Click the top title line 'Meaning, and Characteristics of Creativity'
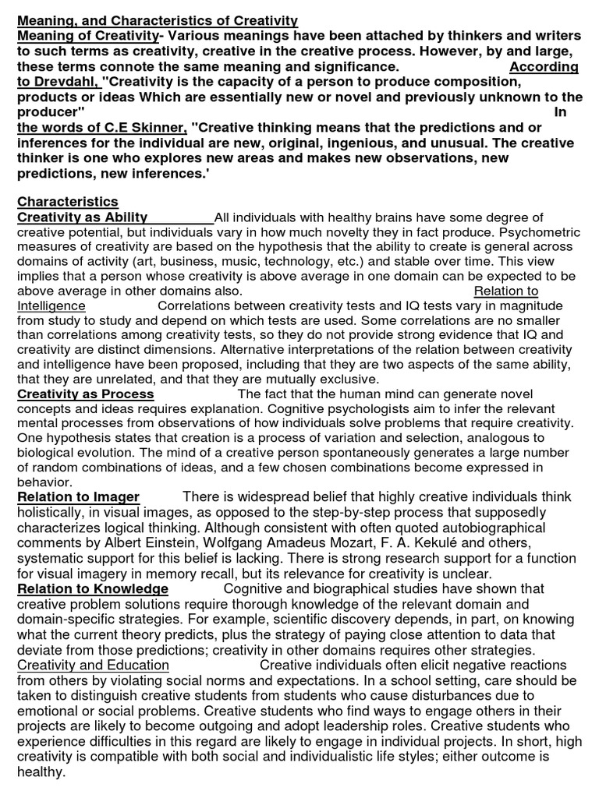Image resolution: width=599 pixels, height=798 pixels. (x=158, y=20)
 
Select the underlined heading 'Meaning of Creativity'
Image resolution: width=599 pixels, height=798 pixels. (x=87, y=36)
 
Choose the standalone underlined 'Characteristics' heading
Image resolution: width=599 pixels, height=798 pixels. (x=68, y=202)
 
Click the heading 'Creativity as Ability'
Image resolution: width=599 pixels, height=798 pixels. (x=83, y=217)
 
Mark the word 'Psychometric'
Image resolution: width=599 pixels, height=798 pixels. (x=538, y=232)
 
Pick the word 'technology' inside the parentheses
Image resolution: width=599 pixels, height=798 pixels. (x=388, y=262)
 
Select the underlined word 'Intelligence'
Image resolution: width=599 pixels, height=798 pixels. (x=51, y=306)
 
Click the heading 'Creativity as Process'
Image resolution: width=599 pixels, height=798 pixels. (x=86, y=394)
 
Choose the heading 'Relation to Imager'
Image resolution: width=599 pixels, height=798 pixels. (x=78, y=497)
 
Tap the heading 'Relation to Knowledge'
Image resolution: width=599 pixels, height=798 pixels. (x=93, y=588)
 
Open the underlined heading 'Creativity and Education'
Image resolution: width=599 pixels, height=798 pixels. (x=93, y=665)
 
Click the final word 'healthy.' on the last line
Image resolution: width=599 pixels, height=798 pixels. (x=41, y=771)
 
